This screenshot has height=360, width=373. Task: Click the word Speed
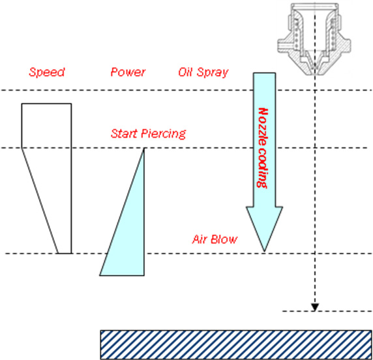tap(47, 72)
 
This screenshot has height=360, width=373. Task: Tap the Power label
tap(128, 72)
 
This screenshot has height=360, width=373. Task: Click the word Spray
tap(213, 72)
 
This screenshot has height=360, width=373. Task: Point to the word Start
tap(125, 134)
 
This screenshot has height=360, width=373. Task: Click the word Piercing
tap(164, 134)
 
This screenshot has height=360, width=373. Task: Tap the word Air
tap(200, 239)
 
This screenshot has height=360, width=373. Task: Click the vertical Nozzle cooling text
tap(263, 148)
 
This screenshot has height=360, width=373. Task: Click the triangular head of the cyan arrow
tap(264, 225)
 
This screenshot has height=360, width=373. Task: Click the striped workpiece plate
tap(236, 345)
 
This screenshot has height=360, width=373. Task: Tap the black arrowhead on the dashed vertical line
tap(315, 307)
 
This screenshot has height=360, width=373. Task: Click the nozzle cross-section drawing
tap(314, 39)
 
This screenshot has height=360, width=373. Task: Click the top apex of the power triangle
tap(143, 148)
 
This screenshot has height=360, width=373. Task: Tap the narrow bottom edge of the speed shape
tap(65, 253)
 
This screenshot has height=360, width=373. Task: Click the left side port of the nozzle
tap(282, 45)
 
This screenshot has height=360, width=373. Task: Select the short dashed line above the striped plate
tap(327, 311)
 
